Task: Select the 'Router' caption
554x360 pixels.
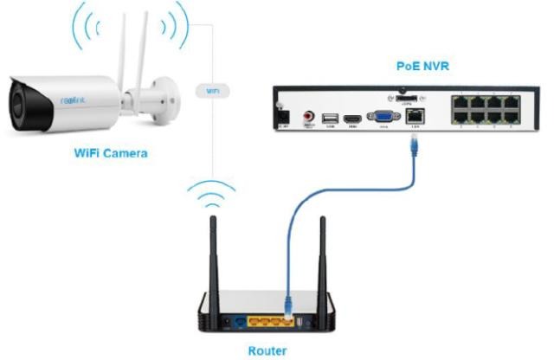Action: coord(267,350)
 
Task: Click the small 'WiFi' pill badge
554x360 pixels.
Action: coord(212,90)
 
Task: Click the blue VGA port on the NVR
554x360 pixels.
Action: coord(382,118)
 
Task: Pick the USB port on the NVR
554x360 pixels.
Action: coord(330,118)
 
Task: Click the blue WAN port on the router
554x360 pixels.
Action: coord(239,321)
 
